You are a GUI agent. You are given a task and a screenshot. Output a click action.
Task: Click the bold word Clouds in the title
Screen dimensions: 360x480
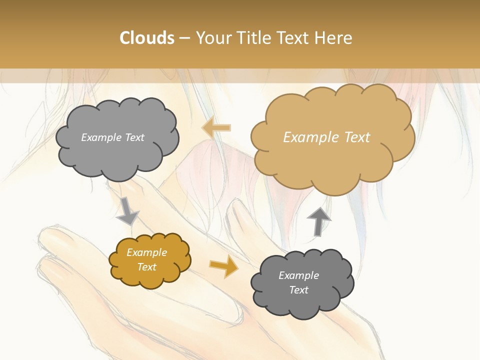[x=147, y=38]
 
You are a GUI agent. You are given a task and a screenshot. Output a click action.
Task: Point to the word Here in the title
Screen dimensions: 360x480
[x=335, y=38]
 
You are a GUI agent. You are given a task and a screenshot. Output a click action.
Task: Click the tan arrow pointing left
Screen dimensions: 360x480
[x=216, y=128]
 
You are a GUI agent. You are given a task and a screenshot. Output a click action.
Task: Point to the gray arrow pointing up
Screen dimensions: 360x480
[x=318, y=220]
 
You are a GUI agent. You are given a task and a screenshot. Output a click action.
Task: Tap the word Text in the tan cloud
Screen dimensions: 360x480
[x=356, y=137]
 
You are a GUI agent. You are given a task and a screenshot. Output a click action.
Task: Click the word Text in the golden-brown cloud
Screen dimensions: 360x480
[x=146, y=267]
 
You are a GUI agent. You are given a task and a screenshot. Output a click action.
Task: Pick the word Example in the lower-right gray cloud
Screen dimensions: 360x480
[x=298, y=275]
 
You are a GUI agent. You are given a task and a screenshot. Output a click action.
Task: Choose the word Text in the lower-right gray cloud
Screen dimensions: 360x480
[x=298, y=290]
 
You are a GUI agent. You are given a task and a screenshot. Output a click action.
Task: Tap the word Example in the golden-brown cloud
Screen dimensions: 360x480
[x=146, y=252]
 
